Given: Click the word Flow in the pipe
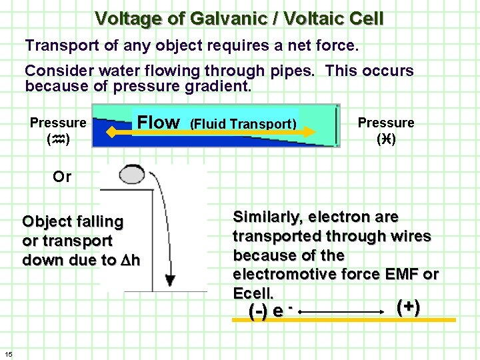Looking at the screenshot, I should pyautogui.click(x=158, y=122).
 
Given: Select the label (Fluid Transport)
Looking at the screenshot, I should pyautogui.click(x=243, y=124).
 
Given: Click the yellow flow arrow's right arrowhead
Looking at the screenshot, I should pyautogui.click(x=311, y=133).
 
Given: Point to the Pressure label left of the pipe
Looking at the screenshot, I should pyautogui.click(x=58, y=123).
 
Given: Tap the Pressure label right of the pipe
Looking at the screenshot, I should pyautogui.click(x=386, y=123).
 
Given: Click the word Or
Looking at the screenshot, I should pyautogui.click(x=62, y=177).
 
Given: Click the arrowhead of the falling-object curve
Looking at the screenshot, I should pyautogui.click(x=171, y=280).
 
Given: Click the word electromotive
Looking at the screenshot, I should pyautogui.click(x=279, y=274).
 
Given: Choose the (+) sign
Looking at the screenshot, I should pyautogui.click(x=408, y=307).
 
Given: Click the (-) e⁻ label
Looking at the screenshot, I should pyautogui.click(x=271, y=311).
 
